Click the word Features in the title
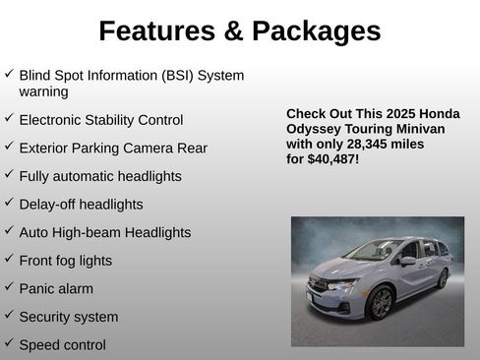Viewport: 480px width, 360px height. tap(157, 31)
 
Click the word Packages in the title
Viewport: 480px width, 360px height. tap(316, 31)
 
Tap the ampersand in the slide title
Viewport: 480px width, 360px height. tap(233, 31)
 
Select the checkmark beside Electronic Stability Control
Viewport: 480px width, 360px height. tap(9, 118)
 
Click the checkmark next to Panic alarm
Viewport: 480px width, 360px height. tap(9, 287)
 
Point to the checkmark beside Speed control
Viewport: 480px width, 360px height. tap(9, 343)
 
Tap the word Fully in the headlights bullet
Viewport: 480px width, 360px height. tap(35, 177)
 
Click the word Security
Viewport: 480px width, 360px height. tap(48, 317)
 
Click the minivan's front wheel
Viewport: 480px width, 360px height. tap(381, 302)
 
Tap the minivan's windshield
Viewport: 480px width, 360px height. tap(375, 251)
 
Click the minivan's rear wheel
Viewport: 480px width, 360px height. tap(443, 278)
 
